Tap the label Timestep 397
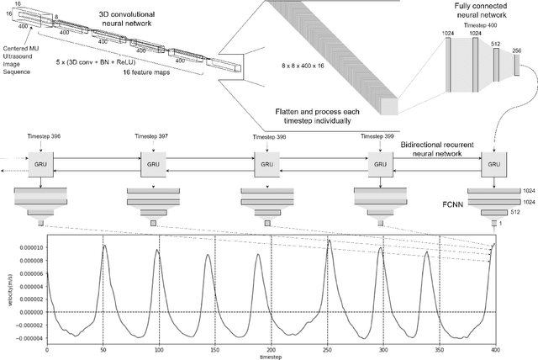(x=153, y=135)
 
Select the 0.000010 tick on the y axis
(x=24, y=247)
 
